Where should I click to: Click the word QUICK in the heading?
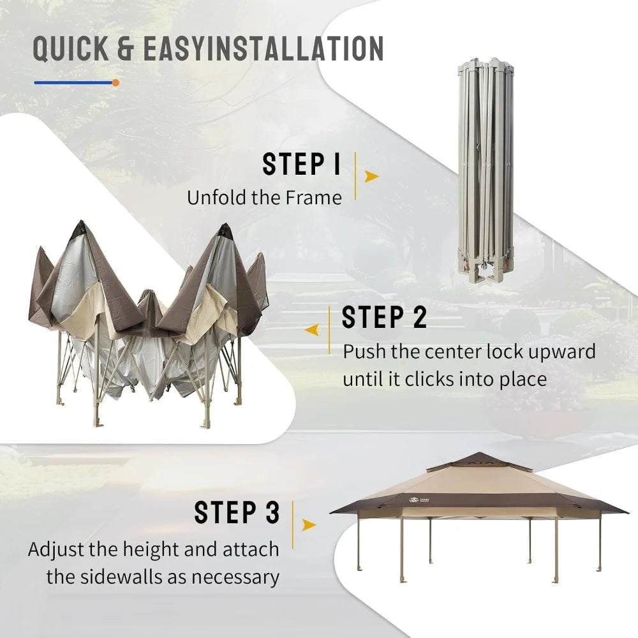click(71, 48)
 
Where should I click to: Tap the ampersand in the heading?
click(126, 48)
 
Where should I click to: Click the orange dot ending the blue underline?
click(115, 82)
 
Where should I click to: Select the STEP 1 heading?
click(301, 165)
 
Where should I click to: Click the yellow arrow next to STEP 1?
click(371, 176)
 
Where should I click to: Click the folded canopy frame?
click(486, 171)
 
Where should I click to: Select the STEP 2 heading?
click(384, 317)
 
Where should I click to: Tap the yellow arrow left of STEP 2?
click(312, 330)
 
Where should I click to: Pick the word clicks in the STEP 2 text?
click(429, 379)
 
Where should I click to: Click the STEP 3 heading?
click(237, 512)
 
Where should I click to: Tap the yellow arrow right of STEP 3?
click(309, 525)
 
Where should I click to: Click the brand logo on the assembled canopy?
click(419, 500)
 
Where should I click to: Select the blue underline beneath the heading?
click(73, 82)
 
